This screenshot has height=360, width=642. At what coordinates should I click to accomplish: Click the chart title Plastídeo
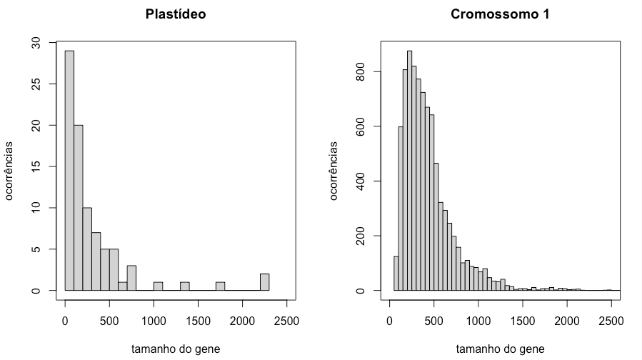click(x=176, y=14)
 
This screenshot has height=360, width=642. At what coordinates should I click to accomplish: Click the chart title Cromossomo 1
click(x=499, y=14)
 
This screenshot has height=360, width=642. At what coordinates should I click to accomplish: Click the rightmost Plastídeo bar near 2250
click(x=264, y=282)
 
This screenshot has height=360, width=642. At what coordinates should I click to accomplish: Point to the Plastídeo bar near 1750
click(x=220, y=286)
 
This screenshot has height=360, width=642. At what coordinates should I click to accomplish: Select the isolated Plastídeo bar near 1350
click(x=184, y=286)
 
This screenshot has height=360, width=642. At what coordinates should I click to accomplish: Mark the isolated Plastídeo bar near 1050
click(x=158, y=286)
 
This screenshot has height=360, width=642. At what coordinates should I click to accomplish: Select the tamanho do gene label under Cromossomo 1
click(x=499, y=349)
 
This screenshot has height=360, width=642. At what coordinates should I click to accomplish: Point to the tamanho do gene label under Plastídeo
click(x=176, y=349)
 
